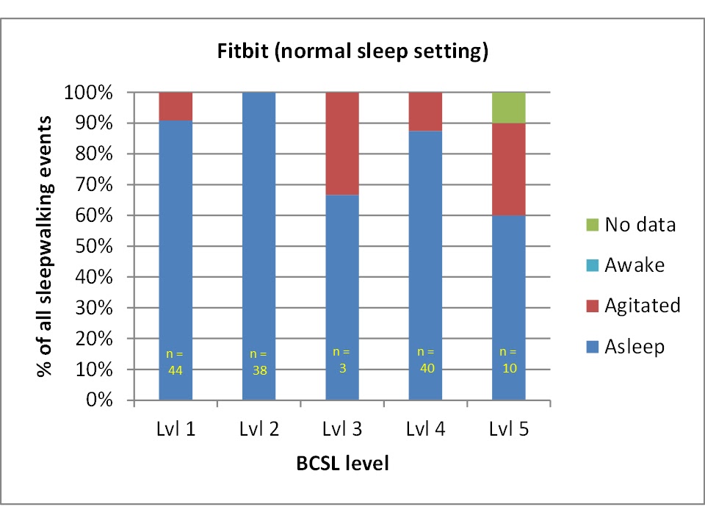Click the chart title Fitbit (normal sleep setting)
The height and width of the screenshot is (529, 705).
click(352, 53)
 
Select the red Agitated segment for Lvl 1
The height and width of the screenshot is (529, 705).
click(176, 107)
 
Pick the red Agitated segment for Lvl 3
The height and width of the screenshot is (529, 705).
click(342, 144)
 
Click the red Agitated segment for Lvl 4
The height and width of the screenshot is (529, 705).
click(425, 112)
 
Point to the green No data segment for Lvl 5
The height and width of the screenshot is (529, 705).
click(509, 108)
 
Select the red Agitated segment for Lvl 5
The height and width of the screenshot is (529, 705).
click(509, 170)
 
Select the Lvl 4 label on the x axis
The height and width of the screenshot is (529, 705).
click(425, 431)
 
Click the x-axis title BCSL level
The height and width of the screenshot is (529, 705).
click(342, 464)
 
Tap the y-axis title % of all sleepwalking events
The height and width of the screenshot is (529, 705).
click(46, 246)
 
